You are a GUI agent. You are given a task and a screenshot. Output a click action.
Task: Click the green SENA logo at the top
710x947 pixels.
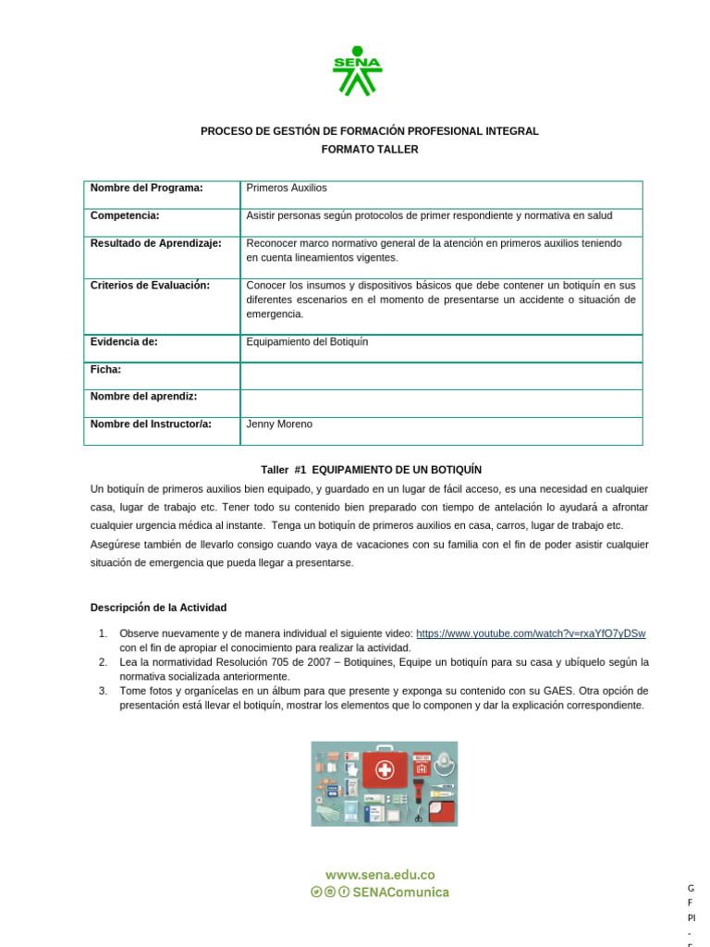357,71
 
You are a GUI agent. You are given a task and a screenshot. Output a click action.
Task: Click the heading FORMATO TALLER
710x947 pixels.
370,150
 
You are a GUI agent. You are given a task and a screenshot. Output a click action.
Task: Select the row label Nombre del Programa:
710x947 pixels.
146,188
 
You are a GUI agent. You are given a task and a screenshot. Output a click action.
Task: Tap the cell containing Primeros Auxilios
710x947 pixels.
287,188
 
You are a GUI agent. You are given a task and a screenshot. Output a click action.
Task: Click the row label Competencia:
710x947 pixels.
125,215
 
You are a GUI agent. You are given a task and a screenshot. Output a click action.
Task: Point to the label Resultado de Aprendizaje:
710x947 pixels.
155,243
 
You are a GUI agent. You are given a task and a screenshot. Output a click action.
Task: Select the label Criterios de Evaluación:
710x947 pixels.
150,286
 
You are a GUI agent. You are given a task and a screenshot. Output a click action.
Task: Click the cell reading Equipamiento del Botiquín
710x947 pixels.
307,342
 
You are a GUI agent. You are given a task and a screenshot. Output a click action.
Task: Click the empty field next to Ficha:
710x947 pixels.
441,375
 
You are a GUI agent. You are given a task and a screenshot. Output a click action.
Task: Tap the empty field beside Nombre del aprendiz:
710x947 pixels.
441,403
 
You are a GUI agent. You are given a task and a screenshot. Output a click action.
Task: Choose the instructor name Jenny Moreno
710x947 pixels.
279,424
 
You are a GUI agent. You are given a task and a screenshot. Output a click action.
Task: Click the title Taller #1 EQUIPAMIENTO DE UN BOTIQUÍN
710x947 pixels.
371,470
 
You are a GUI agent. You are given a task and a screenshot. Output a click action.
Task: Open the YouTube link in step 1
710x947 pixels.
531,633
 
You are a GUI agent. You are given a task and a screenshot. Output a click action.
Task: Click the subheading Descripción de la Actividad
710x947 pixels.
158,608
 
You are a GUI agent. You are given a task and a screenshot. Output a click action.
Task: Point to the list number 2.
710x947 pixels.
103,662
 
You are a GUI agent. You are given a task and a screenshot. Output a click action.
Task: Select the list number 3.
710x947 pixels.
103,691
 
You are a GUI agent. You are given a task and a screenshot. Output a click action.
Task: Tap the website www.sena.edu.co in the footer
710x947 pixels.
380,874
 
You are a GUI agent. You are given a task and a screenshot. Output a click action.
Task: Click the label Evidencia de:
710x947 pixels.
124,342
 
